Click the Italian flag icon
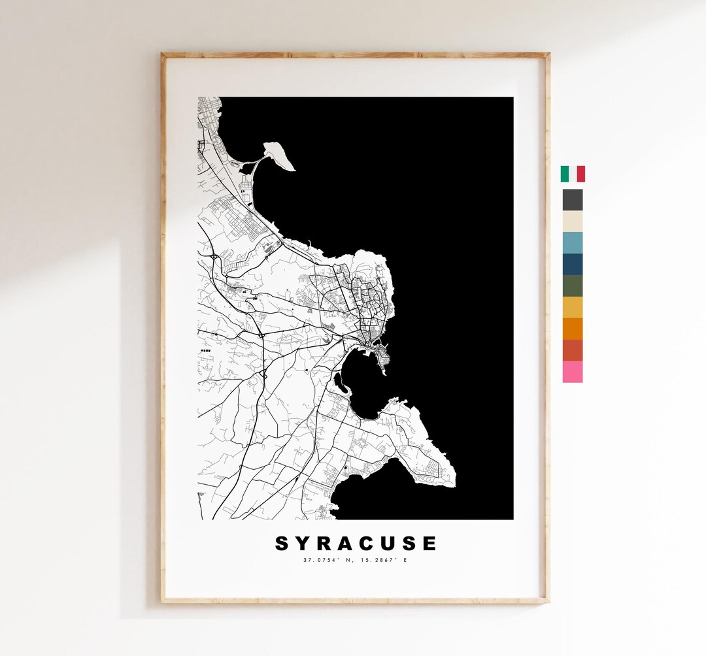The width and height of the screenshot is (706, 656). tap(573, 174)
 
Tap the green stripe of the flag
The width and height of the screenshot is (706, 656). tap(565, 174)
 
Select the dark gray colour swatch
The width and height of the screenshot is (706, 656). tap(573, 199)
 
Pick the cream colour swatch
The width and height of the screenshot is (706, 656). tap(573, 221)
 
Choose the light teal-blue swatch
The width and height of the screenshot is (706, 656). tap(573, 242)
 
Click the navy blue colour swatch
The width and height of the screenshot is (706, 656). tap(573, 264)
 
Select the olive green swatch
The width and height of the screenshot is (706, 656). tap(573, 286)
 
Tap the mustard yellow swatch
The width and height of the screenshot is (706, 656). tap(573, 307)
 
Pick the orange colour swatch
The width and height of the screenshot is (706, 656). tap(573, 329)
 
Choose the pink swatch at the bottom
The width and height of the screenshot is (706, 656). tap(573, 372)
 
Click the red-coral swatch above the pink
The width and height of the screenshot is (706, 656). tap(573, 350)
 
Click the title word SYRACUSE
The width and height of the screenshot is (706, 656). tap(356, 544)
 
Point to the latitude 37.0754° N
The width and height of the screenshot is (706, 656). tap(328, 560)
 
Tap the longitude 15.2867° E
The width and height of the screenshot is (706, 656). tap(386, 560)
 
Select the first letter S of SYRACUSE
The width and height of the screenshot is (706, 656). tap(282, 544)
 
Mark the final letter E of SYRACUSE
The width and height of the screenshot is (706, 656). tap(429, 544)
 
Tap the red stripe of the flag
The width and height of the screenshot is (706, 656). tap(580, 174)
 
